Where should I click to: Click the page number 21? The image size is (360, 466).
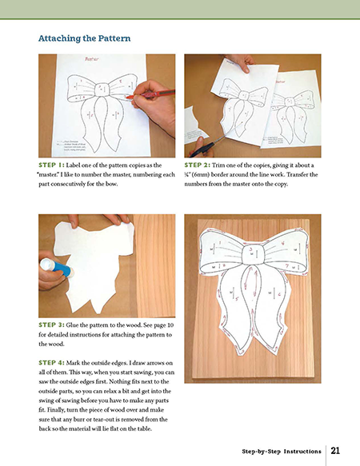click(336, 450)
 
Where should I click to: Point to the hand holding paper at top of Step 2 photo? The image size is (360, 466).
click(239, 62)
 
